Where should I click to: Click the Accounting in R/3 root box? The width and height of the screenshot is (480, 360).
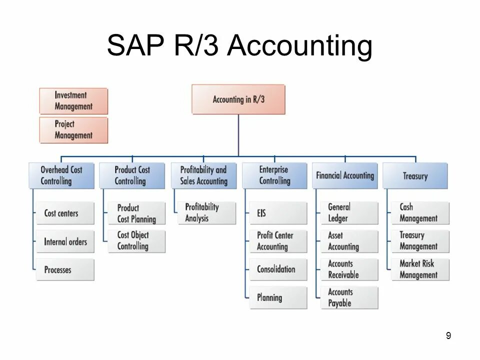point(238,99)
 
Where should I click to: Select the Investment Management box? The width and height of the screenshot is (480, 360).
point(73,100)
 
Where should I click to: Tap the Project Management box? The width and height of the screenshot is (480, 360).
point(73,129)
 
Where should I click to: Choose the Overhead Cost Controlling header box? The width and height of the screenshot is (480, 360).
point(61,175)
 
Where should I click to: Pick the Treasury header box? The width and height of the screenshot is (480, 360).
point(415,175)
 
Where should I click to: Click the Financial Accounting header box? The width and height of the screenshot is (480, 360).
point(344,175)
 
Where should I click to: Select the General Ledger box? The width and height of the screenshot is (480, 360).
point(349,212)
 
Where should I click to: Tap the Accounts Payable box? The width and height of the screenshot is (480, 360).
point(349,297)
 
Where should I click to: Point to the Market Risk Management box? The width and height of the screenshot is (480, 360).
point(420,269)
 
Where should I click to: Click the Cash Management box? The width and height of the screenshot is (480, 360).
point(420,212)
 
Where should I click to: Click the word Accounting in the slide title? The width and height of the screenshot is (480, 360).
point(300,46)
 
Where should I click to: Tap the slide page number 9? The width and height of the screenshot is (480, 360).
point(448,336)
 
